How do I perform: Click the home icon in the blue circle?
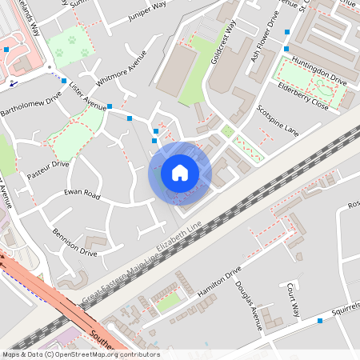pos(180,173)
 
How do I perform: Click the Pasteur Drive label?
pos(48,169)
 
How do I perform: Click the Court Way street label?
pos(293,299)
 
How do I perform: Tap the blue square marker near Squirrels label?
pos(320,321)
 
